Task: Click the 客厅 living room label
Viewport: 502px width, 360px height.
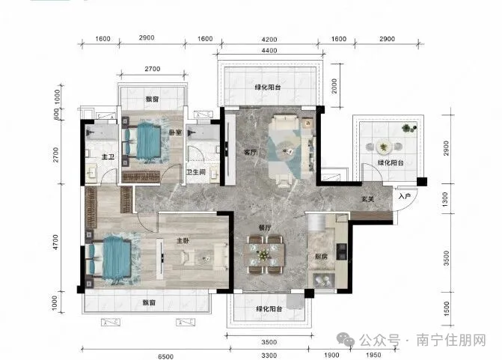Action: pos(250,153)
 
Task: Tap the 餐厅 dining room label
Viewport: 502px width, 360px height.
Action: pos(265,228)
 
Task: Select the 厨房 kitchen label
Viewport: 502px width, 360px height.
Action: pos(321,257)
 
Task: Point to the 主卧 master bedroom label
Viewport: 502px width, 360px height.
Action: pos(183,240)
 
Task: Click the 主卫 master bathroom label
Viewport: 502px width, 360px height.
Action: pos(108,157)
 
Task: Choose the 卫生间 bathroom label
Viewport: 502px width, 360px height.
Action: pos(196,172)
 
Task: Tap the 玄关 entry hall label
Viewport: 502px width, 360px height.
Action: pos(367,199)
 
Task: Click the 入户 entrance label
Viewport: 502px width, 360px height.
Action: pos(405,195)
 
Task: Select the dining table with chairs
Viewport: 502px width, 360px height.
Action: pos(264,254)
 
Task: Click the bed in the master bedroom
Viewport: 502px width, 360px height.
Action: pos(108,257)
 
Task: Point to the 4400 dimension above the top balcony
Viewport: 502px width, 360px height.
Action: pos(269,50)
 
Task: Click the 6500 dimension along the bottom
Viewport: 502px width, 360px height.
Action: pos(166,356)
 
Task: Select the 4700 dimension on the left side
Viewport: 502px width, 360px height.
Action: pos(55,242)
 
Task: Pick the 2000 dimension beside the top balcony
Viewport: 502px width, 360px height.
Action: pos(334,86)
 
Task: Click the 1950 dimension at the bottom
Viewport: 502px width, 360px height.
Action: pos(373,355)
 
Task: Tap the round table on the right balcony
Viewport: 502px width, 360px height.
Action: pos(383,147)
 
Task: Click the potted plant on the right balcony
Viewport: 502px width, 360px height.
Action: pos(408,128)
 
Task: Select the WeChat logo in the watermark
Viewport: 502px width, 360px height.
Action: pos(345,339)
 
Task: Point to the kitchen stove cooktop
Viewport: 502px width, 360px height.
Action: pos(342,251)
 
